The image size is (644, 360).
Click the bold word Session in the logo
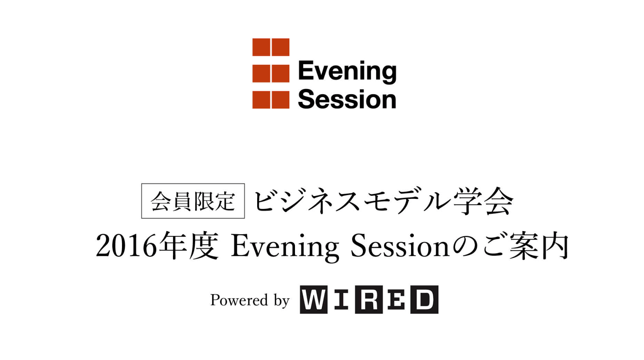[x=347, y=99]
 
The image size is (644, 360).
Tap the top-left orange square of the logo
[x=261, y=47]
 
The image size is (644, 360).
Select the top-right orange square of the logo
[x=281, y=47]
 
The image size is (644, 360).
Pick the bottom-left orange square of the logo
[x=261, y=100]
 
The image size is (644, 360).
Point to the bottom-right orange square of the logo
[x=281, y=100]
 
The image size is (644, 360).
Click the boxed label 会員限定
[x=193, y=201]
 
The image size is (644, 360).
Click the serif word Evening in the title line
[x=285, y=247]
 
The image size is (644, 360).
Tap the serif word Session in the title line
[x=400, y=245]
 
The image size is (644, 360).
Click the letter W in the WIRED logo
[x=314, y=299]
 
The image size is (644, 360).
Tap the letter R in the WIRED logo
[x=369, y=299]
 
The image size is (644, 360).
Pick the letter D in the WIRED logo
[x=424, y=299]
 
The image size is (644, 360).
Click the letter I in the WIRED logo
[x=341, y=299]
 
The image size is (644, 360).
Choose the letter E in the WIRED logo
[x=396, y=299]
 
